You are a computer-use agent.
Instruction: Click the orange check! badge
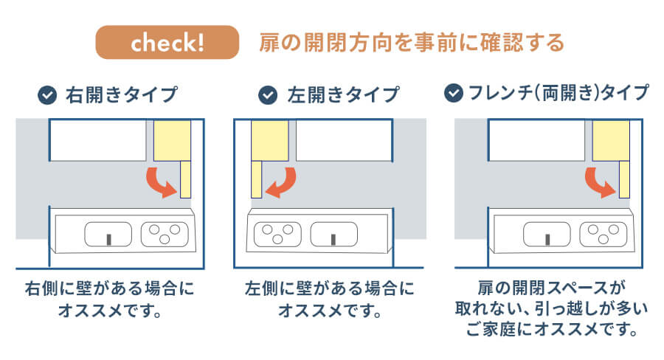click(x=167, y=43)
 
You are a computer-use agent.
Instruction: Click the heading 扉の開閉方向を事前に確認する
click(x=412, y=42)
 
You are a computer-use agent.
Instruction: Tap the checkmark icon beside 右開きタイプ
click(x=48, y=95)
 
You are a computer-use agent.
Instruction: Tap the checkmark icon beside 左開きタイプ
click(x=267, y=95)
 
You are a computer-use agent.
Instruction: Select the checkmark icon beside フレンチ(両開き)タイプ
click(x=453, y=93)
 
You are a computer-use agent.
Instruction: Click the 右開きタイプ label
click(x=122, y=95)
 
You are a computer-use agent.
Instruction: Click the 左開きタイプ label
click(x=342, y=95)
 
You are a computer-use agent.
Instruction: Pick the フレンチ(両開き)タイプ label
click(x=558, y=93)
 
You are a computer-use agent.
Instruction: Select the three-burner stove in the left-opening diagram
click(x=275, y=234)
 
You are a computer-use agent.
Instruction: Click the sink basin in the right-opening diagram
click(x=108, y=235)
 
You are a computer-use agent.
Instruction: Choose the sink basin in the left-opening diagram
click(x=333, y=235)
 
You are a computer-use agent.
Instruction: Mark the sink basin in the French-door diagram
click(x=547, y=235)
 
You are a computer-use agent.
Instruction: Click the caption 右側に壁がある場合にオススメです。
click(x=110, y=297)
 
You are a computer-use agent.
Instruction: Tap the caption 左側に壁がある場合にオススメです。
click(x=330, y=297)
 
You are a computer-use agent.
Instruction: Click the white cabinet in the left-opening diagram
click(x=344, y=140)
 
